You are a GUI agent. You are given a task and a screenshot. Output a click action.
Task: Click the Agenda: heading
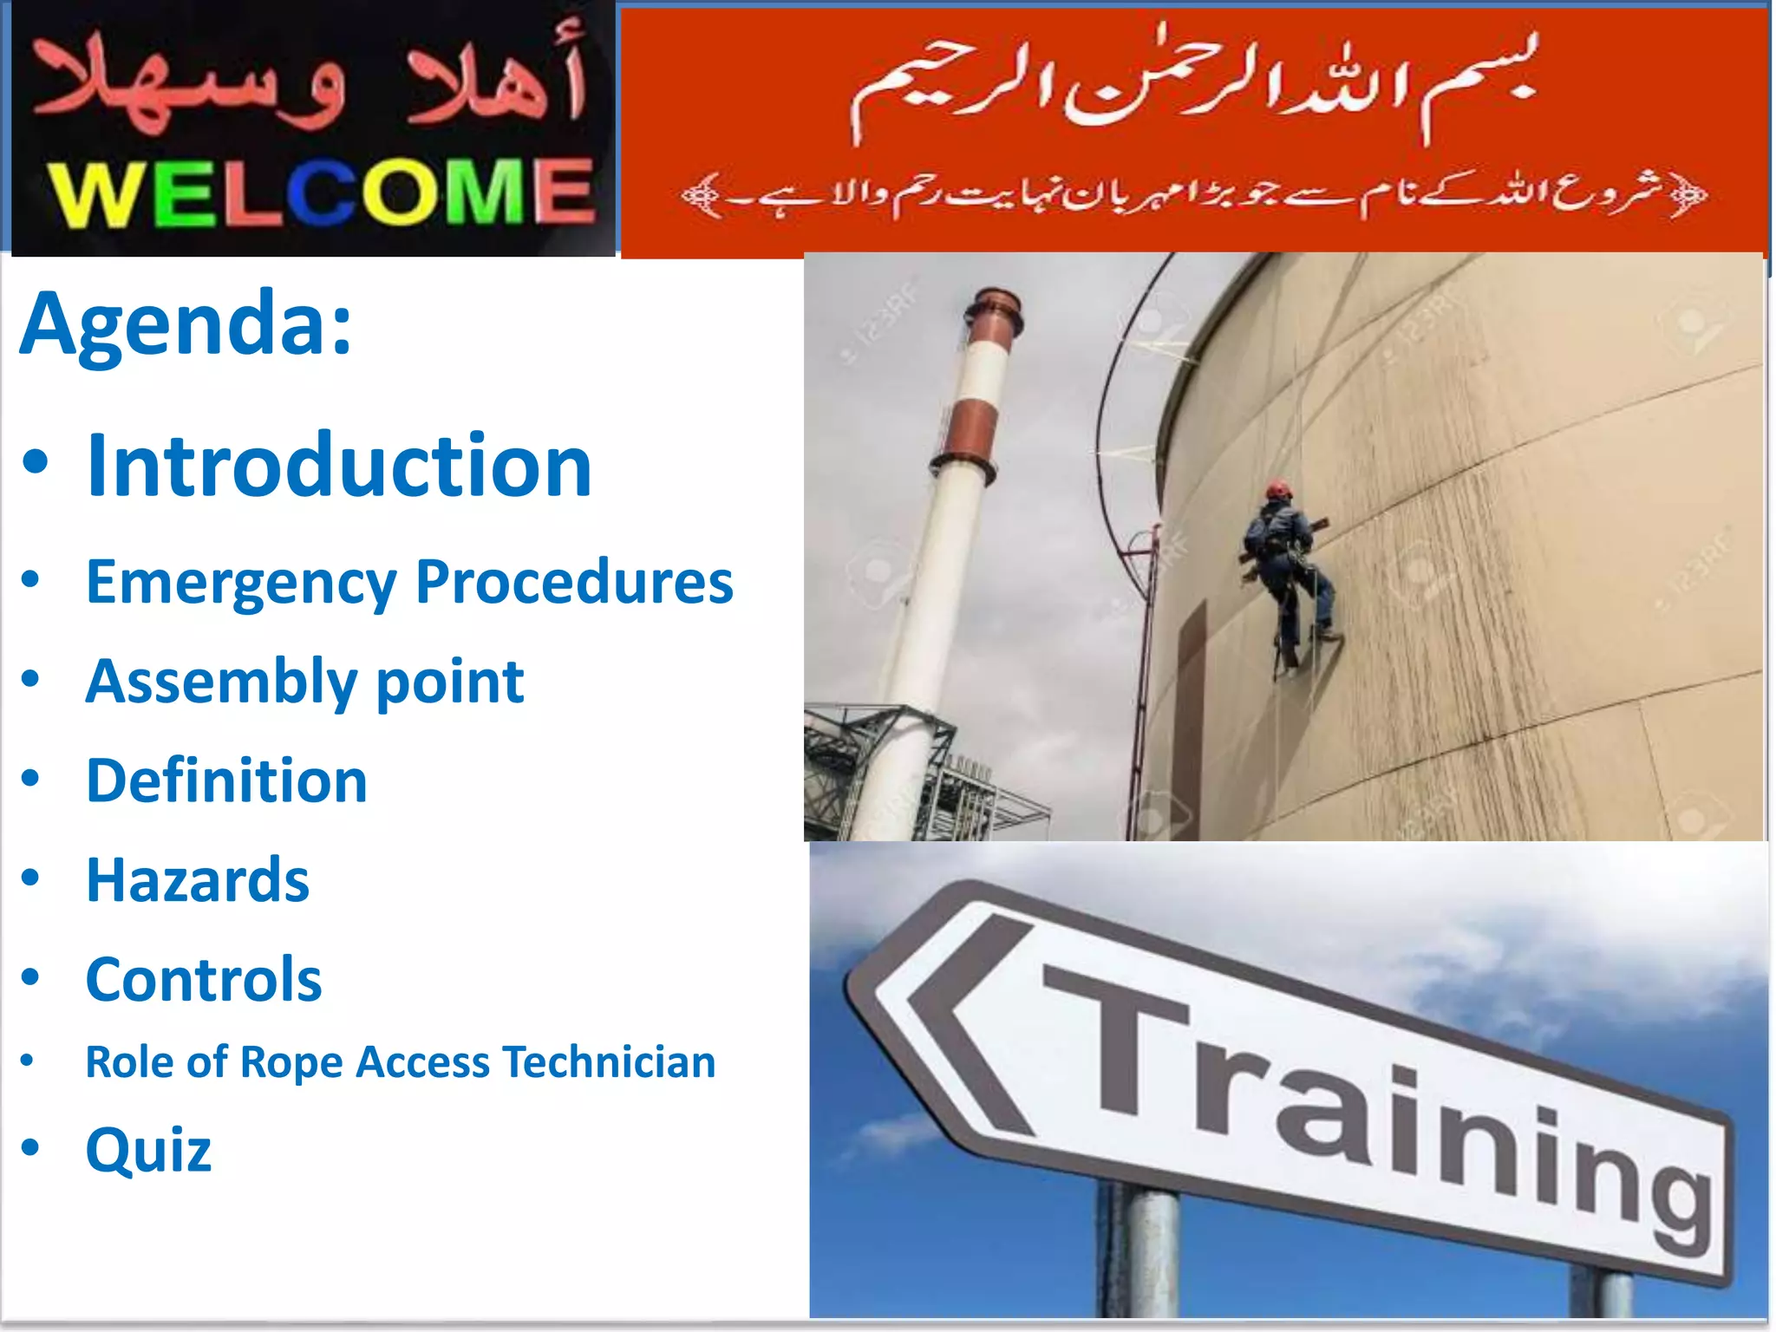pos(186,323)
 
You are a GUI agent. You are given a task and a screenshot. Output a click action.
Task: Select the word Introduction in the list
pos(339,466)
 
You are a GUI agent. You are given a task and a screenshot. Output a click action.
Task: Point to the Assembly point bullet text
pos(304,682)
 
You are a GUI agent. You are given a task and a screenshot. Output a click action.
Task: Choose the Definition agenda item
pos(226,780)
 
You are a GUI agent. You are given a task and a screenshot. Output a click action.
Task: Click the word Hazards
pos(198,880)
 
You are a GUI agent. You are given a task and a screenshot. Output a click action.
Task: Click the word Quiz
pos(148,1150)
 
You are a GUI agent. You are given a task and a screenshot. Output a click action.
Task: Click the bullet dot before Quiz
pos(30,1148)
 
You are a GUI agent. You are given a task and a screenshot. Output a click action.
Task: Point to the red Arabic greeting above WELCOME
pos(308,82)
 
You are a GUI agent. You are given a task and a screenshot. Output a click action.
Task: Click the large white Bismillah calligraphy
pos(1192,87)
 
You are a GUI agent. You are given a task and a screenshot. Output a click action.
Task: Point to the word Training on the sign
pos(1379,1101)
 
